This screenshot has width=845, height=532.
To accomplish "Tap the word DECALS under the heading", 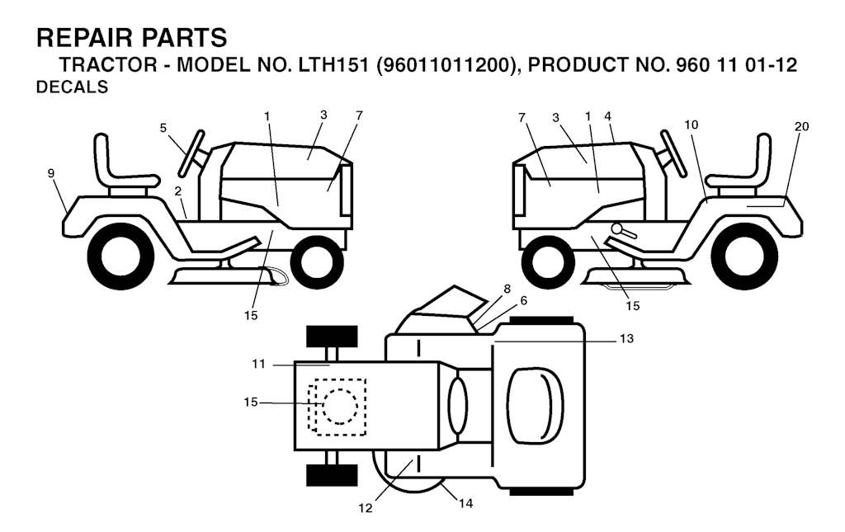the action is point(73,87).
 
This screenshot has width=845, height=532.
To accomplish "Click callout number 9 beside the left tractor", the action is point(51,173).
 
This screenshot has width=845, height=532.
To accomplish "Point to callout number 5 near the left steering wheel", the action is point(163,128).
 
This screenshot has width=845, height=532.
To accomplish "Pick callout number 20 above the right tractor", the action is point(802,126).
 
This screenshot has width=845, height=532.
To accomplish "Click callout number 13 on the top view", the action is point(627,339).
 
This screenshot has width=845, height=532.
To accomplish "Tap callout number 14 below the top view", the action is point(466,503).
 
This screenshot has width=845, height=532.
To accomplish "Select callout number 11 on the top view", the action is point(258,364).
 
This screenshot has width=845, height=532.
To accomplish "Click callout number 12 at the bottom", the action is point(366,508).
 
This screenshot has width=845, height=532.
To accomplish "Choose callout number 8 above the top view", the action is point(507,290).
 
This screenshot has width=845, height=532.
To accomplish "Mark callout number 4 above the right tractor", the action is point(608,116).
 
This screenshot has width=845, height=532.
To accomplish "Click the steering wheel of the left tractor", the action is point(192,153).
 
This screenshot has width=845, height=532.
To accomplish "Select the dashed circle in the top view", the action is point(340,407).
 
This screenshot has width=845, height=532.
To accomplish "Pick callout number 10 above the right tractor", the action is point(692,125).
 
